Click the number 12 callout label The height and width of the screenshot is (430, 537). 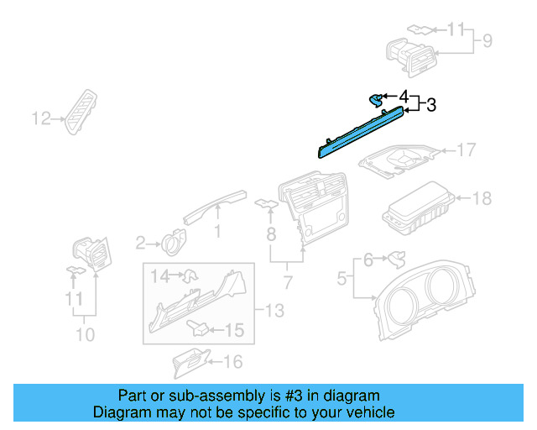[42, 118]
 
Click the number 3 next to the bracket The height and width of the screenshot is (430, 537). [431, 105]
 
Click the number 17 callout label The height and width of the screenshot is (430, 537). [466, 150]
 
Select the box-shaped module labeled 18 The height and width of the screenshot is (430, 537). [417, 211]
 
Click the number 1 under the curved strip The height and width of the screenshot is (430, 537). [217, 230]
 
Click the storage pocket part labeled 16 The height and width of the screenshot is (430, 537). [188, 362]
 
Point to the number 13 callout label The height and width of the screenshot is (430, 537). [274, 312]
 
